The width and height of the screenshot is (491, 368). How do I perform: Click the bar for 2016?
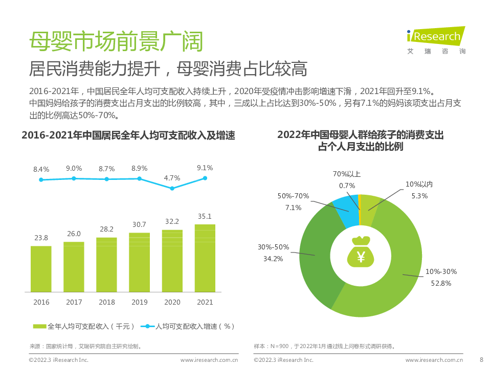(41, 269)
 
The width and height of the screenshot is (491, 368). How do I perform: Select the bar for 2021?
(205, 258)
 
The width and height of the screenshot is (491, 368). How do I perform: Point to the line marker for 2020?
(172, 188)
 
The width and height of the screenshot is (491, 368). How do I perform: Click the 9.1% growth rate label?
(205, 168)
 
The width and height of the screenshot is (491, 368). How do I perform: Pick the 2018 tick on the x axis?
(106, 302)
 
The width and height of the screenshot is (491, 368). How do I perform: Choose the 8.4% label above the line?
(41, 169)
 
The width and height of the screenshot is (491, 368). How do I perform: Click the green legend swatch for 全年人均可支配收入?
(40, 326)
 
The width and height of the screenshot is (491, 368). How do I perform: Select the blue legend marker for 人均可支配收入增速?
(147, 326)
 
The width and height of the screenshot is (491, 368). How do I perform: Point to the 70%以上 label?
(347, 174)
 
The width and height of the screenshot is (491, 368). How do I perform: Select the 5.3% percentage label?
(419, 195)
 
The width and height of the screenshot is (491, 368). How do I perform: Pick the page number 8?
(481, 359)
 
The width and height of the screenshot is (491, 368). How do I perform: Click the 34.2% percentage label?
(273, 259)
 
